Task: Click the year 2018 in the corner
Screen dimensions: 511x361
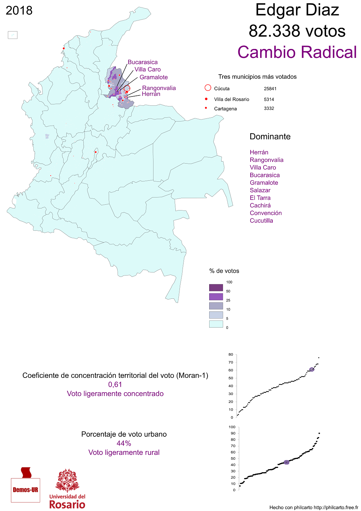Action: (19, 11)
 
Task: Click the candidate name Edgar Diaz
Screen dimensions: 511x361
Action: (297, 10)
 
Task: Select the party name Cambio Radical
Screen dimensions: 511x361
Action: (297, 52)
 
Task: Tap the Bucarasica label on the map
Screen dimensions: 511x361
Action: (143, 62)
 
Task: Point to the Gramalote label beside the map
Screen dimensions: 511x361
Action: (153, 77)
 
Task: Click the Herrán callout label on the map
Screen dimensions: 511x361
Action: (151, 94)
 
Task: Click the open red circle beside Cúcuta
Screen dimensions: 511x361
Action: (208, 88)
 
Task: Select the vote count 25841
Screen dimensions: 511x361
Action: (270, 89)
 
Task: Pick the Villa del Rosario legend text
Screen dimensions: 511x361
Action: (231, 99)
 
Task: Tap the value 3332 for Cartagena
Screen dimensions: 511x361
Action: (269, 108)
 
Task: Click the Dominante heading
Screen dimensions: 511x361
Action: (270, 137)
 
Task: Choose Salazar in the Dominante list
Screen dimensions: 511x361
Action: (260, 190)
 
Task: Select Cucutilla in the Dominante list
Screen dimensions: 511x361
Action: (261, 221)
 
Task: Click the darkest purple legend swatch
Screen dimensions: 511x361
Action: (216, 288)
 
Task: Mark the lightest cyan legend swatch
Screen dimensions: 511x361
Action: (216, 324)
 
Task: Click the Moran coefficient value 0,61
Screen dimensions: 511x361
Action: (115, 385)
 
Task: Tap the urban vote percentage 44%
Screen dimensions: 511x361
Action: (124, 444)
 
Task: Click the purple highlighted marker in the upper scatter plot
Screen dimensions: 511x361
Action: (311, 370)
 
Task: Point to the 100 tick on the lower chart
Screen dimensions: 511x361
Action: (232, 427)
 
